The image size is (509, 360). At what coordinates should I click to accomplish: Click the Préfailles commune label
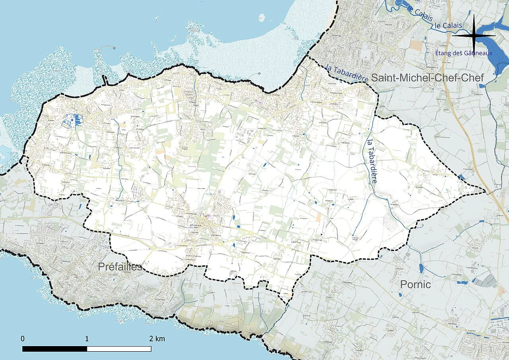(120, 267)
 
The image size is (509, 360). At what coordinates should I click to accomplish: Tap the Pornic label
(415, 285)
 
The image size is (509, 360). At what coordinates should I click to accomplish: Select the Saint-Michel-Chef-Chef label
(427, 78)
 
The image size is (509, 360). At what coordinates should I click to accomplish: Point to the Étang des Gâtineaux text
(464, 53)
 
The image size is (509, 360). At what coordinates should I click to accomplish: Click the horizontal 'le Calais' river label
(449, 25)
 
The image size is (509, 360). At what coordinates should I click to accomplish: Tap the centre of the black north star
(474, 35)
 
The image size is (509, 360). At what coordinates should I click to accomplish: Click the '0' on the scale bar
(23, 339)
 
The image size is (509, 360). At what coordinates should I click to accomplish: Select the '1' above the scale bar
(87, 339)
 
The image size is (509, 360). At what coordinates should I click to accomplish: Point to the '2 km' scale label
(157, 339)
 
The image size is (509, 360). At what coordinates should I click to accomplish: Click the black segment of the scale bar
(54, 349)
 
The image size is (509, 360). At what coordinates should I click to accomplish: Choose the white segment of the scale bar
(119, 349)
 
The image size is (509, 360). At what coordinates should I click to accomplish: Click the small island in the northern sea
(261, 18)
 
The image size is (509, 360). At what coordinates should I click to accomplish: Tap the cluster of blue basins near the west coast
(72, 120)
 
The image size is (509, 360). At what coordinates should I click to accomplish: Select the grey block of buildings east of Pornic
(486, 282)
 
